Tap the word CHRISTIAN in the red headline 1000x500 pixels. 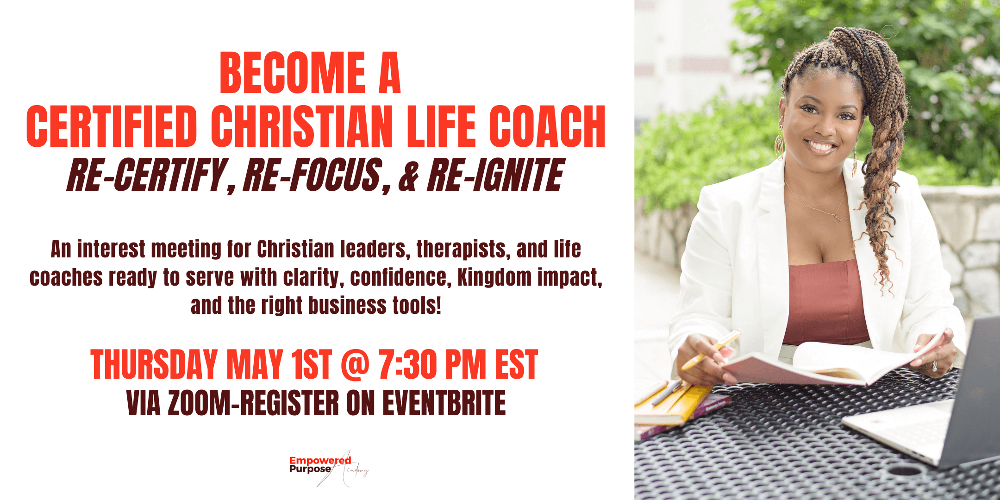302,126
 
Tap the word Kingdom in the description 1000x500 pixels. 494,277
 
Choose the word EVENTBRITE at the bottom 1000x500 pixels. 444,403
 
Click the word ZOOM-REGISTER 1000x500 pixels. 253,403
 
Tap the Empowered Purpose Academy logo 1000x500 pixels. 329,468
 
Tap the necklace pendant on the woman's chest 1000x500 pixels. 837,217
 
